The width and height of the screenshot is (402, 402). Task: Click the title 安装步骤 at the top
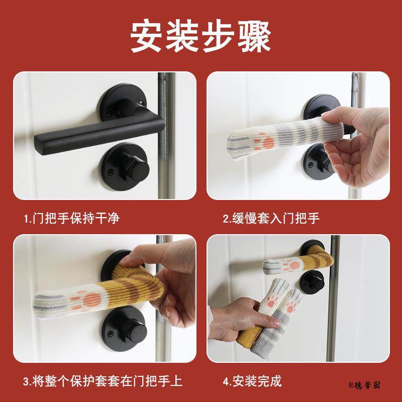point(201,36)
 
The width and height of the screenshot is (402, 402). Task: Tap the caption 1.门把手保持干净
point(72,218)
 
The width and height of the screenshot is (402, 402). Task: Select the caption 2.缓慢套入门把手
point(272,218)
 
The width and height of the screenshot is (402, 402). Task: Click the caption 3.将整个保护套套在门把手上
point(103,381)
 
